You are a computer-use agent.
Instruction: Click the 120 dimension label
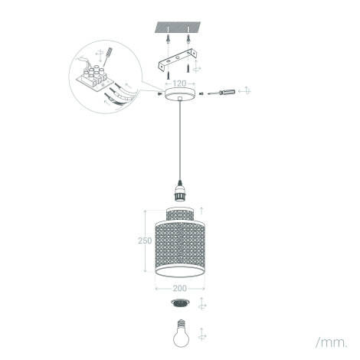[x=180, y=83]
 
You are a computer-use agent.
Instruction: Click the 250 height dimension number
[x=145, y=241]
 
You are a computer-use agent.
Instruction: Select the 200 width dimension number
[x=180, y=288]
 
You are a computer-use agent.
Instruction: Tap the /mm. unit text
[x=332, y=343]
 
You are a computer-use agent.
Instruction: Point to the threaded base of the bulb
[x=181, y=322]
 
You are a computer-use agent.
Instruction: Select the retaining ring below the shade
[x=180, y=303]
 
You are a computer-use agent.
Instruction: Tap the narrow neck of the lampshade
[x=180, y=215]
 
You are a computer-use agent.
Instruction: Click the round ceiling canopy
[x=180, y=94]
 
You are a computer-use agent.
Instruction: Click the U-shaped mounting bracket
[x=178, y=61]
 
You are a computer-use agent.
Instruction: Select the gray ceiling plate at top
[x=178, y=28]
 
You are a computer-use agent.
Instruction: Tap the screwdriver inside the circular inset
[x=108, y=57]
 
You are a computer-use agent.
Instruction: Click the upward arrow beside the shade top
[x=201, y=211]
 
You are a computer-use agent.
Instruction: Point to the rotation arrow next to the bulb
[x=202, y=334]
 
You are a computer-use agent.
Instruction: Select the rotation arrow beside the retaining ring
[x=202, y=303]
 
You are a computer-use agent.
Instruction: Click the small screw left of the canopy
[x=159, y=94]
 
